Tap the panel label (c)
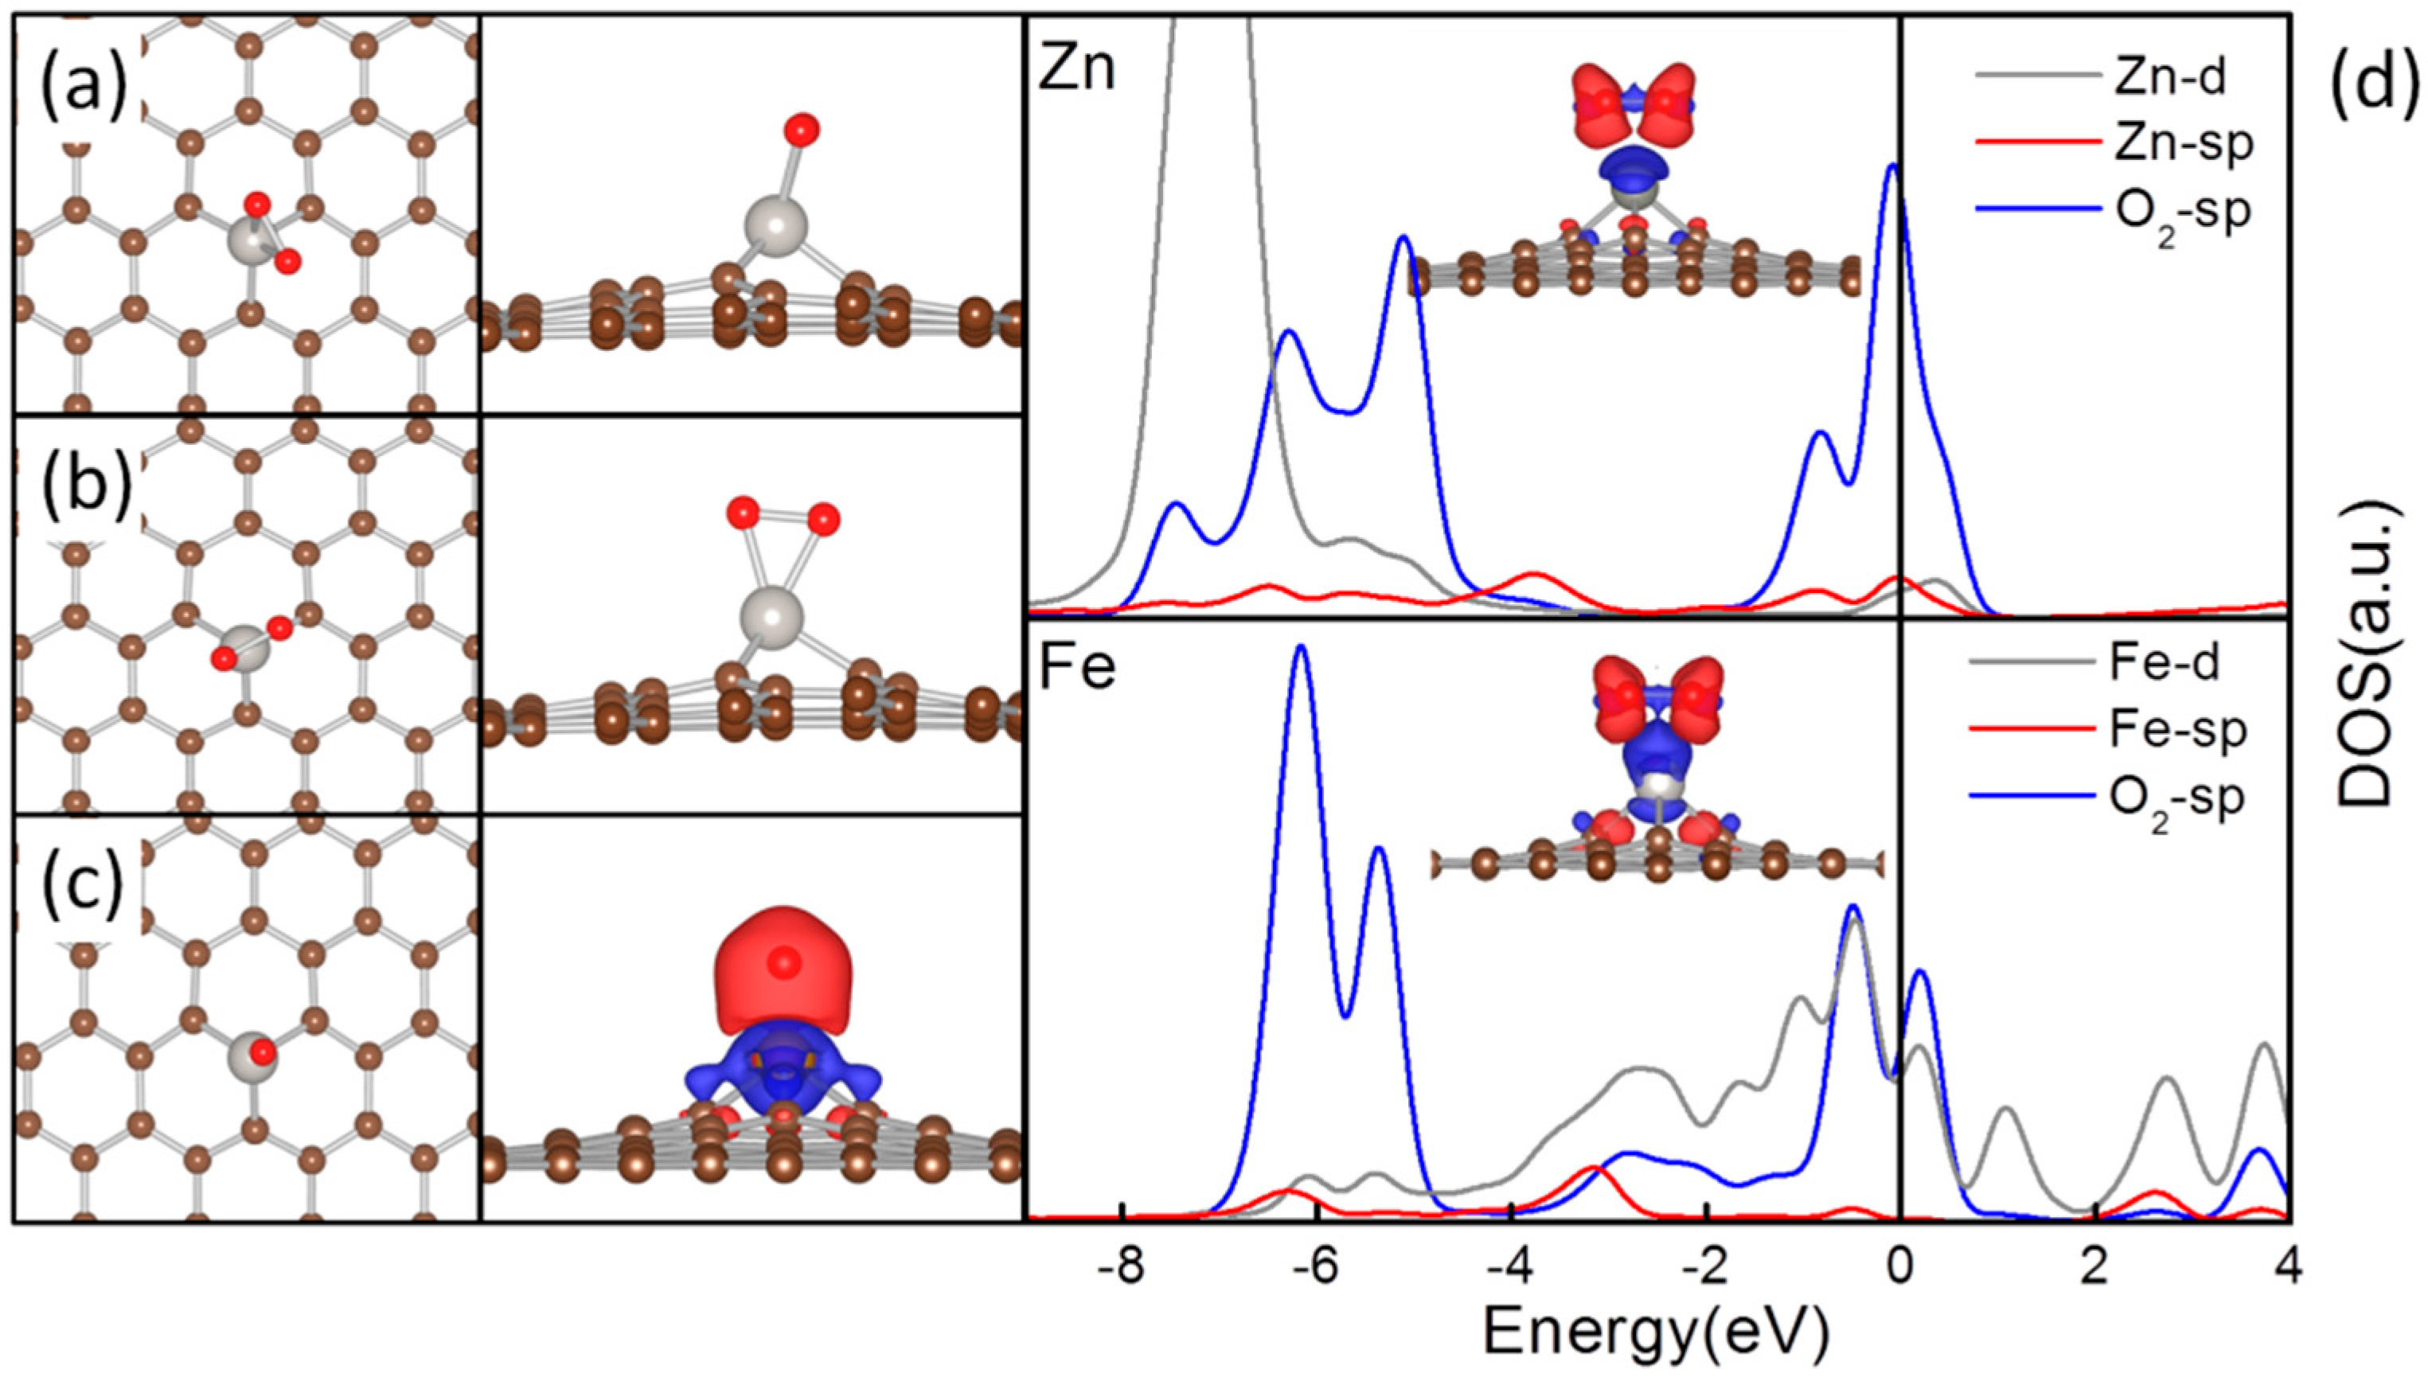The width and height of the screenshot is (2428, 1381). click(83, 888)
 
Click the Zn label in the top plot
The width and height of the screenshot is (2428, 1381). click(1077, 71)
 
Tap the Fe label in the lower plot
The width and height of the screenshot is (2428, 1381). click(1077, 669)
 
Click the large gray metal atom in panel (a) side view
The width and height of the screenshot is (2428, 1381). click(776, 227)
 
